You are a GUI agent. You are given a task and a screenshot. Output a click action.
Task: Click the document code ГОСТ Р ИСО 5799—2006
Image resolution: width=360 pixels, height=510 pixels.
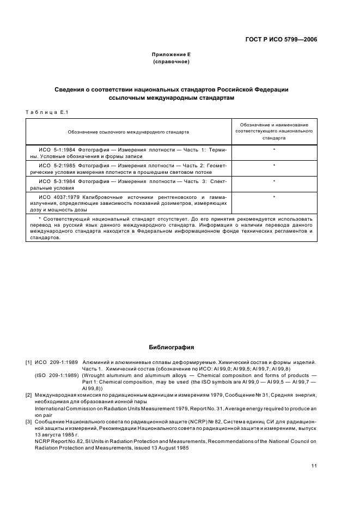pos(280,39)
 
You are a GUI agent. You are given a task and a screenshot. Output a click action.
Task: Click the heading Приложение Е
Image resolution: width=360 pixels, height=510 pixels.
pos(171,54)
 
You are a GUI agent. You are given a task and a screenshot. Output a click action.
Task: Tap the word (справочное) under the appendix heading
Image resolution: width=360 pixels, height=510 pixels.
pos(171,62)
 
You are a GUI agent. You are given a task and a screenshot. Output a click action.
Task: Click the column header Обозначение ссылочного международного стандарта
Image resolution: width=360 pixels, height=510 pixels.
pos(129,131)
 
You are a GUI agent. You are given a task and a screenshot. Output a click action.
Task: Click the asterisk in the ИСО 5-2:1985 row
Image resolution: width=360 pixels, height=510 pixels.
pos(274,165)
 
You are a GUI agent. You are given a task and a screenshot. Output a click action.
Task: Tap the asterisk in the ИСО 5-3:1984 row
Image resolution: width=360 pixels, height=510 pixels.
pos(274,181)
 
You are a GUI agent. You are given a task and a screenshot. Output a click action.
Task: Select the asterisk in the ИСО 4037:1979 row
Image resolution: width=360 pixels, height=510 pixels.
pos(274,197)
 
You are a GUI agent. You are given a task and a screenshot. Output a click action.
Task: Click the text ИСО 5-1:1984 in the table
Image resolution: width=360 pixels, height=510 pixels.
pos(56,149)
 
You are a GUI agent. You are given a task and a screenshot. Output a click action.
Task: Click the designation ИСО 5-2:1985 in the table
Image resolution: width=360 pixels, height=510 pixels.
pos(56,165)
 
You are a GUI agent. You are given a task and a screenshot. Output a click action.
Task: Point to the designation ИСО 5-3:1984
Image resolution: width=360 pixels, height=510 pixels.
pos(56,181)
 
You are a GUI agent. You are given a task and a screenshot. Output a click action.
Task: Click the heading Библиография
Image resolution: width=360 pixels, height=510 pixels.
pos(171,347)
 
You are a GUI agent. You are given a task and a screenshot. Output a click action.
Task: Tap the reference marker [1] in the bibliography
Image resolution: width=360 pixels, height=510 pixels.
pos(28,362)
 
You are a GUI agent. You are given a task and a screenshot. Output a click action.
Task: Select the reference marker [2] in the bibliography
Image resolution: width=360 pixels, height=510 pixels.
pos(28,394)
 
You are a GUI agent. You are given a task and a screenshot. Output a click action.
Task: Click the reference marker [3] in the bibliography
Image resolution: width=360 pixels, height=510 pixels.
pos(28,421)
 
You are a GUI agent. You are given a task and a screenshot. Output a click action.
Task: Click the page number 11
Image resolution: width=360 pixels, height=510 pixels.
pos(314,465)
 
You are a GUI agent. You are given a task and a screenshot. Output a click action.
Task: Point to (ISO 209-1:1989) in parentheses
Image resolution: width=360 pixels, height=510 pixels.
pos(56,375)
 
